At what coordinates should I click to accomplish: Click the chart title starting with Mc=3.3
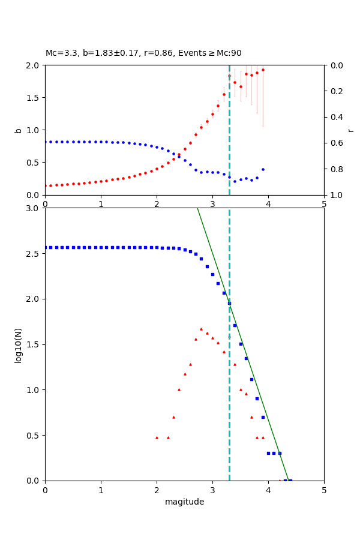143,53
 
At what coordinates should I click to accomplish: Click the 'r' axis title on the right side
350,130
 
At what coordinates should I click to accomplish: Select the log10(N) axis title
18,344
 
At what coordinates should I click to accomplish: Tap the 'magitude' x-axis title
184,502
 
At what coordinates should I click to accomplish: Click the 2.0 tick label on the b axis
34,65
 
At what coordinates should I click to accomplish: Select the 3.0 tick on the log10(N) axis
34,208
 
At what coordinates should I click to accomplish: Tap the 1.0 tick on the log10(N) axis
34,390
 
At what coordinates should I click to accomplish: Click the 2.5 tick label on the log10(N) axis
34,254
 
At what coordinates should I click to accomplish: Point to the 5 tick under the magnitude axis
324,490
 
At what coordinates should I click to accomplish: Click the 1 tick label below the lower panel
101,490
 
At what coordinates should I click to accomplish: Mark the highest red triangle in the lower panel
201,329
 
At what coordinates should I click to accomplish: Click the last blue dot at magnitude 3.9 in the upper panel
263,169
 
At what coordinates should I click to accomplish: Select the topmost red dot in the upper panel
263,70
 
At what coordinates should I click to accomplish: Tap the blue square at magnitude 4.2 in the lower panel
280,453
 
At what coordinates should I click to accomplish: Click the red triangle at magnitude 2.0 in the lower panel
157,437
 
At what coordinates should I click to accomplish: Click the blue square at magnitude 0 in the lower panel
46,247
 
